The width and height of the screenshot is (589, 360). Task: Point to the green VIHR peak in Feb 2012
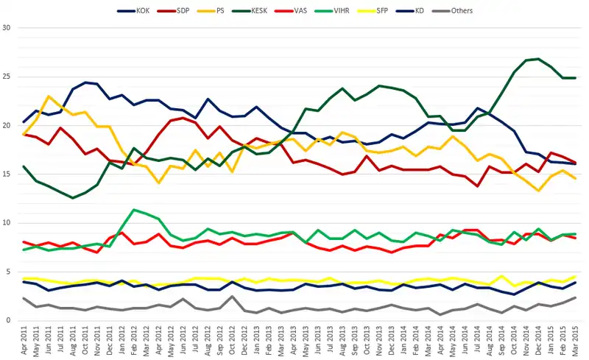click(132, 210)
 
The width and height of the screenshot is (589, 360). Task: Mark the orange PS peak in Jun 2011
click(49, 96)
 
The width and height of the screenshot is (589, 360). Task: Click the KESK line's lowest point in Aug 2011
click(72, 198)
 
